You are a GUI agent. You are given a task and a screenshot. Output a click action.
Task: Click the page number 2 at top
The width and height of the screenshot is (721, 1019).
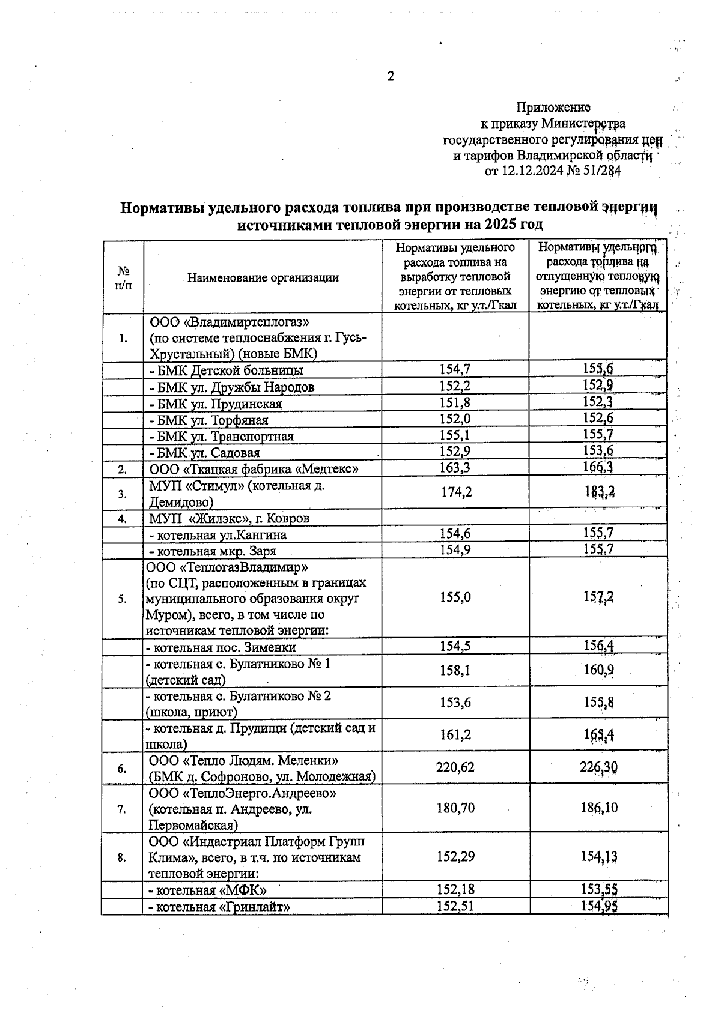391,76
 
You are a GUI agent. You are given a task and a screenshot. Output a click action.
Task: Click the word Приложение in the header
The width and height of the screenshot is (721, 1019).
553,107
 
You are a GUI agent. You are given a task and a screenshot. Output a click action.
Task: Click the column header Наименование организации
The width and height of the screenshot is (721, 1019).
263,277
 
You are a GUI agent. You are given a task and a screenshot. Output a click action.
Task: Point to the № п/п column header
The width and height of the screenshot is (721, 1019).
123,277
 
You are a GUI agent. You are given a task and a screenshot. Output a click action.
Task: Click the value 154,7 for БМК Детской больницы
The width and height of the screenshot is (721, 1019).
455,370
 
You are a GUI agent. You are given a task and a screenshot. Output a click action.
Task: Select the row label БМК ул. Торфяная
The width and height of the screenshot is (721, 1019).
209,420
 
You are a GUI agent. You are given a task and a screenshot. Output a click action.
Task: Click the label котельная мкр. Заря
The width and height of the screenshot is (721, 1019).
213,551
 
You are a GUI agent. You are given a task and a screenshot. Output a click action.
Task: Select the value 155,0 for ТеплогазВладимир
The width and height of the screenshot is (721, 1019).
455,597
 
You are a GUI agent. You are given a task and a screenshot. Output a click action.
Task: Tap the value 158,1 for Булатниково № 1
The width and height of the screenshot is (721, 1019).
455,670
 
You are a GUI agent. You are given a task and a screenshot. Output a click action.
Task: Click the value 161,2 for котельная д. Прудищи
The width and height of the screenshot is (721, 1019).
455,734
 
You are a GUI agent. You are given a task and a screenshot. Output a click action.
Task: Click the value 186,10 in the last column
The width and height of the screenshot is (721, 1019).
599,808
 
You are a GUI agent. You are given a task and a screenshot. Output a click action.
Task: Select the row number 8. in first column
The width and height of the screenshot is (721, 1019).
122,857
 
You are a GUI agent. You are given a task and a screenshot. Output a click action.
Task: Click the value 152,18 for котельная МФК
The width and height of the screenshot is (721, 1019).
455,889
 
